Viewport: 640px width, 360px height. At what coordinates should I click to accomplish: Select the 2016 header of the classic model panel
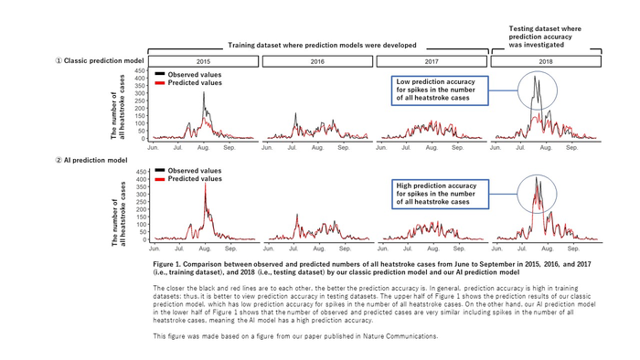pos(317,61)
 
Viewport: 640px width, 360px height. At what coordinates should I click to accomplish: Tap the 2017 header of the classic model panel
pos(432,61)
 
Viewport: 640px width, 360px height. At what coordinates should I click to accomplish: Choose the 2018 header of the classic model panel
pos(547,61)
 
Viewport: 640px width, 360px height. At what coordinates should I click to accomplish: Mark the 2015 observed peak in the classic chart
pos(205,93)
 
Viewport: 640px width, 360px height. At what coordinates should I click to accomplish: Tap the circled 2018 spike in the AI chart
pos(536,193)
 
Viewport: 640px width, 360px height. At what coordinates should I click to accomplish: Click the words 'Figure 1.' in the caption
pos(170,262)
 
